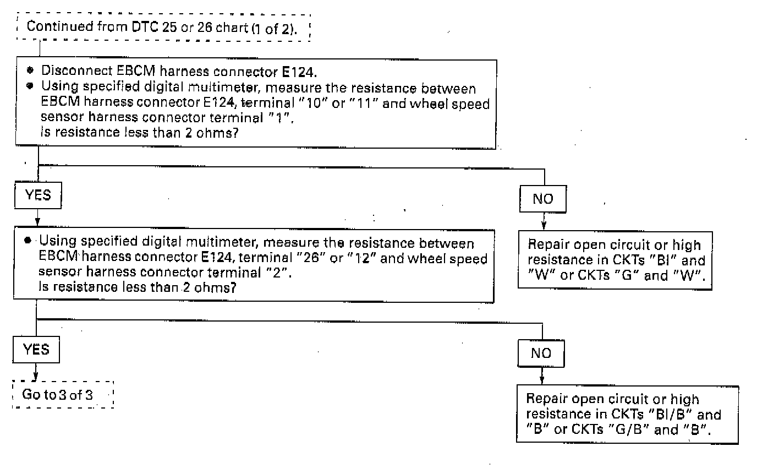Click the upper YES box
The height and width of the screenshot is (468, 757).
(x=38, y=195)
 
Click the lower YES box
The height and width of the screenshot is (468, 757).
(x=36, y=350)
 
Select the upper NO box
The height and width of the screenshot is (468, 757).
(x=543, y=199)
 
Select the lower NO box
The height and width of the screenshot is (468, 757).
(x=541, y=353)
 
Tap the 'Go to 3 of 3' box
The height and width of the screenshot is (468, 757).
(x=62, y=394)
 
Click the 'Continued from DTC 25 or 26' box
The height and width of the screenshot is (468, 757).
(x=161, y=26)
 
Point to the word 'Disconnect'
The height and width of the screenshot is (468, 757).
(x=68, y=71)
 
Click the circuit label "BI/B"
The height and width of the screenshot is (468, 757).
(x=669, y=415)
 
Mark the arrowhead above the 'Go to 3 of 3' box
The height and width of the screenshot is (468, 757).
(x=36, y=377)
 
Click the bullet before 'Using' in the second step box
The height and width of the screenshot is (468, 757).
(x=28, y=242)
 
